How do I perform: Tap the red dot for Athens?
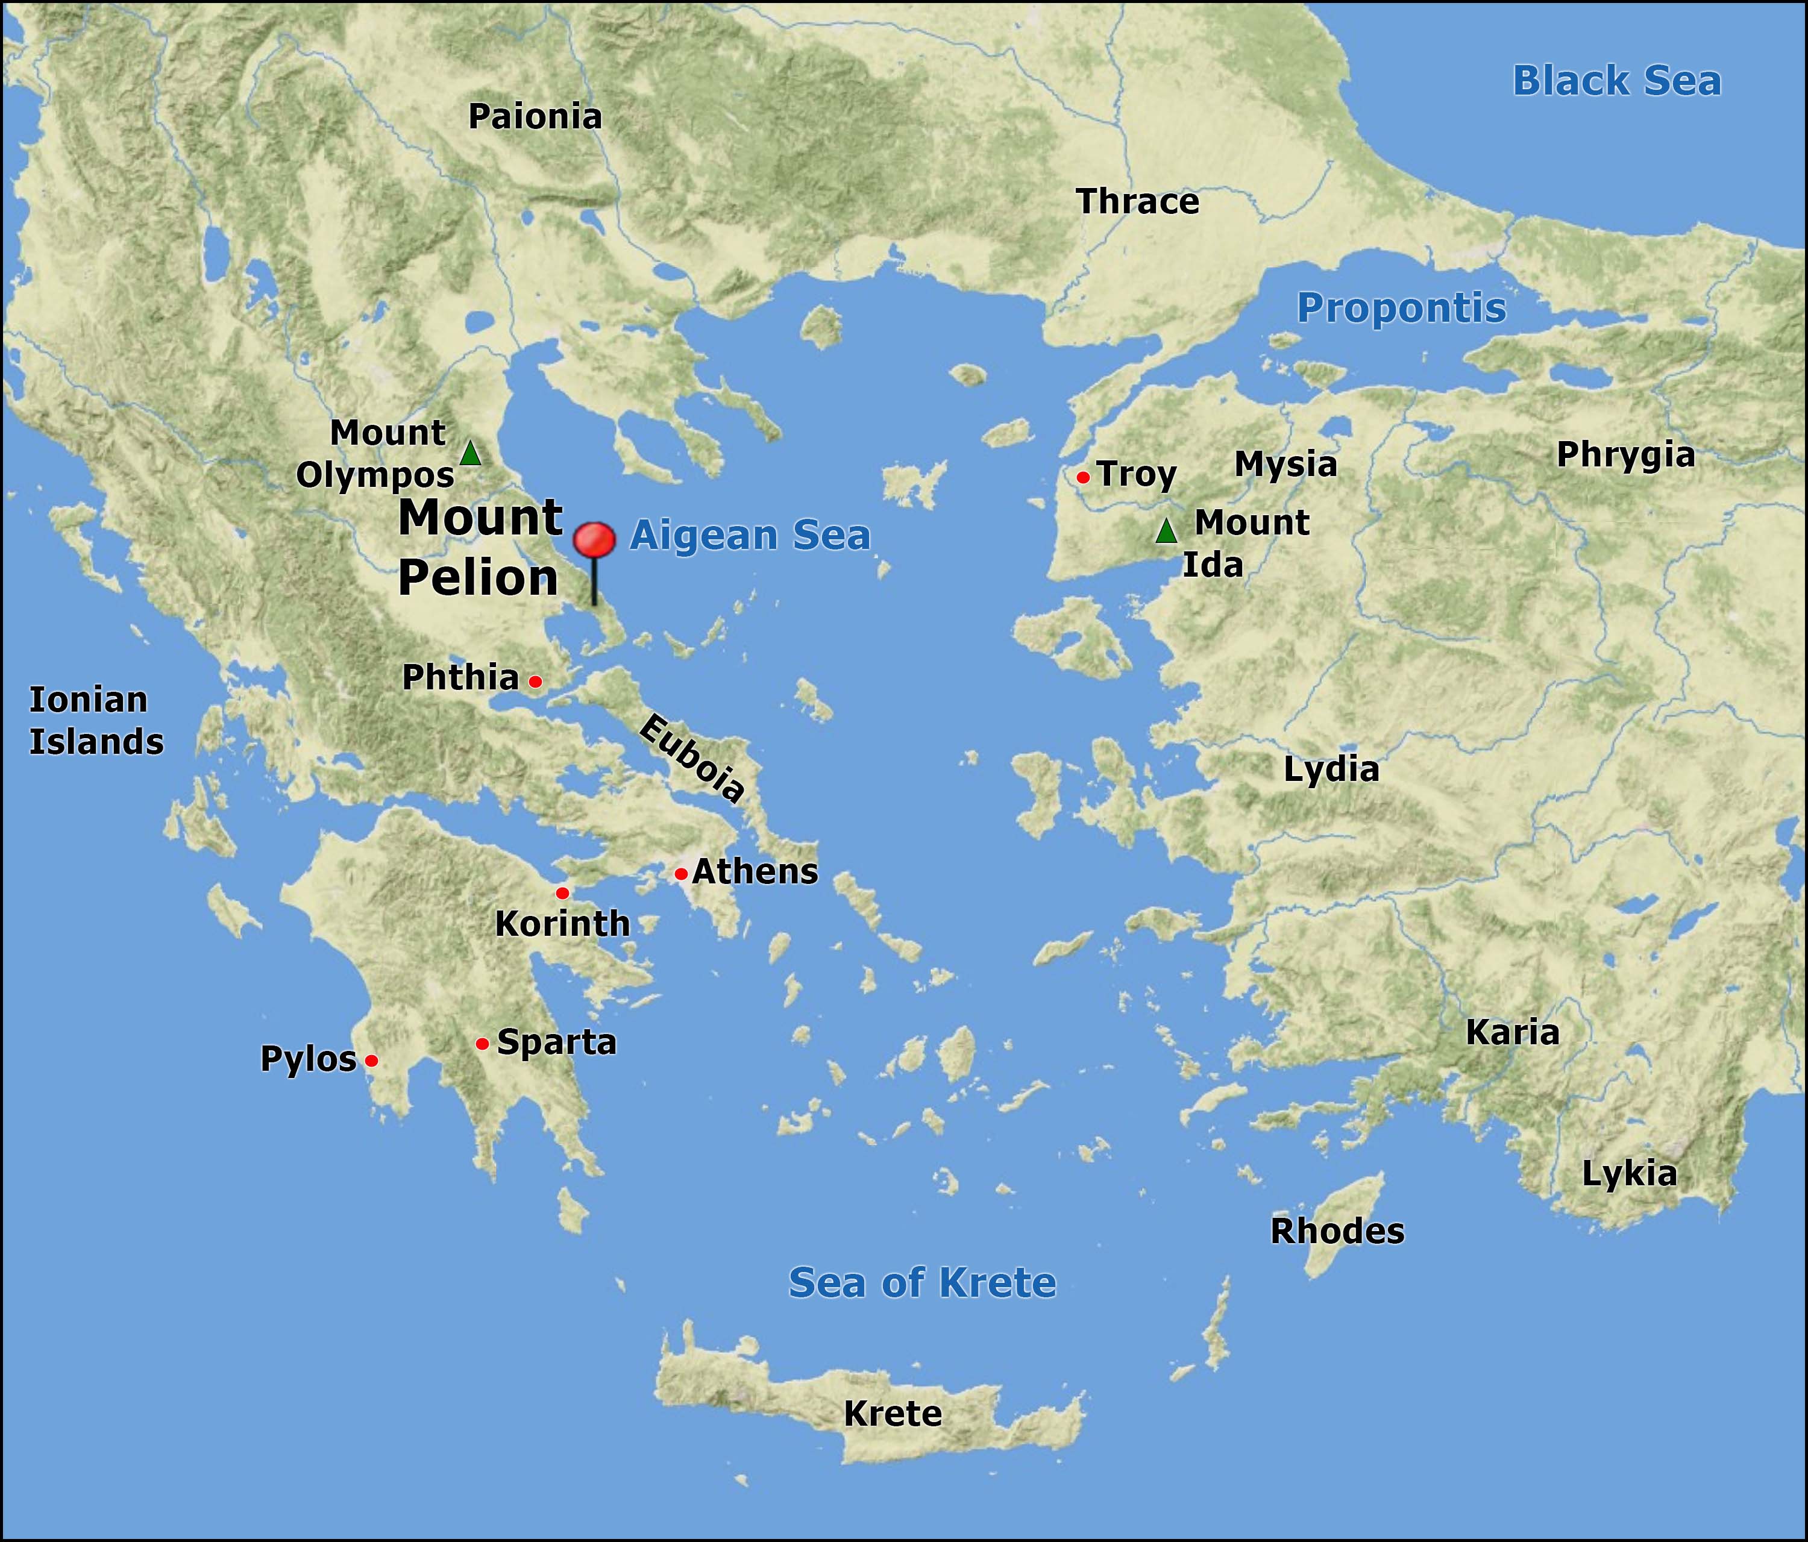(680, 874)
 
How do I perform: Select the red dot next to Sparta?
(482, 1044)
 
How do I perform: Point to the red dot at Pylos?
(371, 1061)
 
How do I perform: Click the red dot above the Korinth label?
(562, 893)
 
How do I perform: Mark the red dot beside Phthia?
(535, 682)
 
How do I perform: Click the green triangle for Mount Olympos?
(470, 454)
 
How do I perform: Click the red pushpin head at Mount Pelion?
(594, 540)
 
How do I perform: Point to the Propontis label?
(1401, 308)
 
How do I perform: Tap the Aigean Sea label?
(750, 535)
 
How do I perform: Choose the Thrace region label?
(1138, 202)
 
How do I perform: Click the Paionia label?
(535, 117)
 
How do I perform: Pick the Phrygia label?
(1625, 455)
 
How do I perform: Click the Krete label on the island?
(893, 1414)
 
